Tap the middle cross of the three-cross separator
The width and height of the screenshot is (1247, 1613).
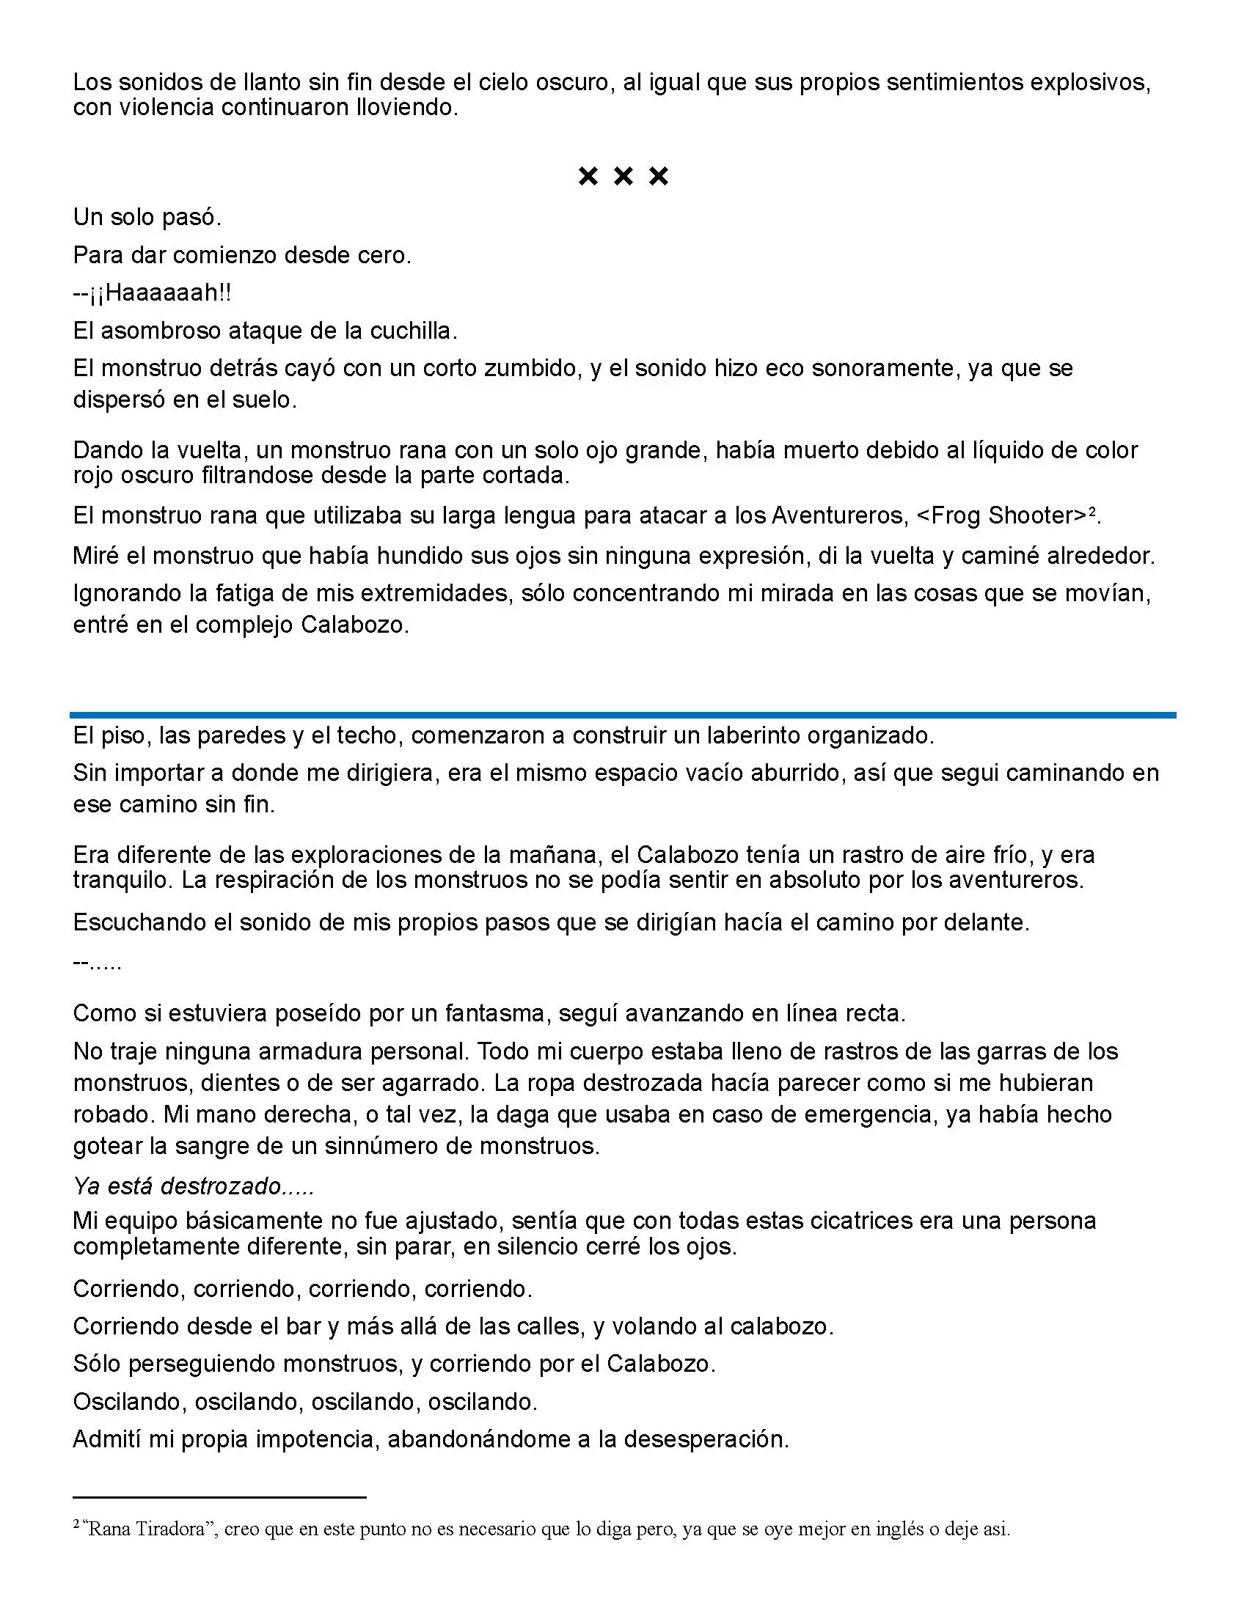coord(623,176)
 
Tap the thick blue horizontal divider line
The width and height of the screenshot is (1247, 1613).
coord(623,715)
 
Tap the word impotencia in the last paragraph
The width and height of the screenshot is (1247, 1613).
coord(315,1439)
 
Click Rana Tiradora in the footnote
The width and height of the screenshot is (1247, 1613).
coord(147,1529)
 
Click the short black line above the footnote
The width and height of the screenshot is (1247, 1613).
coord(219,1498)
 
